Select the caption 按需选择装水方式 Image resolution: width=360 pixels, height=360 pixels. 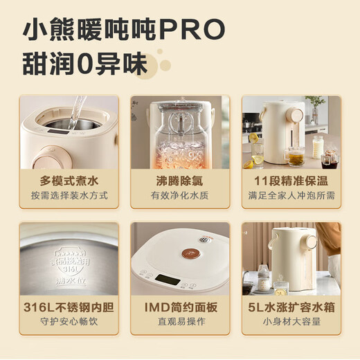click(69, 196)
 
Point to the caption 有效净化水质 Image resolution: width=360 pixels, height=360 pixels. click(180, 196)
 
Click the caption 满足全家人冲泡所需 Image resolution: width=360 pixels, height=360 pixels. click(291, 196)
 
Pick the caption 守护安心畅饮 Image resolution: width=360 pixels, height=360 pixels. click(69, 323)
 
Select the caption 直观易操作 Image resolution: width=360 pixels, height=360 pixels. click(180, 323)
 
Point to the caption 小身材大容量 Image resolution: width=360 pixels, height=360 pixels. click(291, 323)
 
